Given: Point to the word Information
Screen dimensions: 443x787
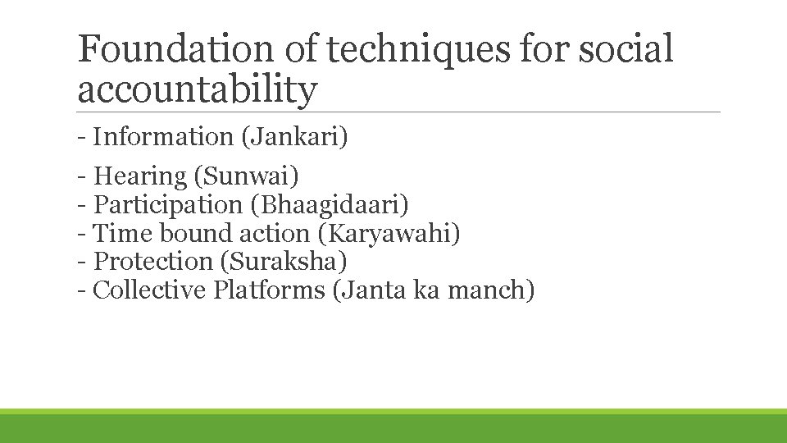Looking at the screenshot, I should tap(163, 137).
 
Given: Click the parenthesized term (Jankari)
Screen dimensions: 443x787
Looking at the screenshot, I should tap(294, 137).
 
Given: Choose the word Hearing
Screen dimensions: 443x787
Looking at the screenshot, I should tap(141, 176).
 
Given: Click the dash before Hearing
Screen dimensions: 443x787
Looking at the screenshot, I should tap(82, 176).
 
